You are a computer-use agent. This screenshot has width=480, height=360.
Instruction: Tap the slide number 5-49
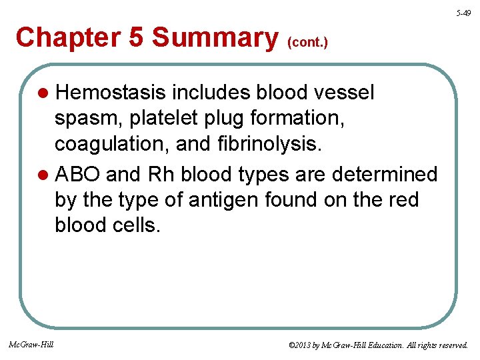464,13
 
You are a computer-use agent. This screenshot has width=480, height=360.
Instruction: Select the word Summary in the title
215,37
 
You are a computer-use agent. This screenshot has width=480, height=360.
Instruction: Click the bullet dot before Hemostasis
43,93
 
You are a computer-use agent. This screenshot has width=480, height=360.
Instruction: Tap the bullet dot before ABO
43,175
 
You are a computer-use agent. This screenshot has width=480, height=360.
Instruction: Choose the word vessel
340,93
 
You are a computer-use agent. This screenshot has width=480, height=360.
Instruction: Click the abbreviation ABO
78,175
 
